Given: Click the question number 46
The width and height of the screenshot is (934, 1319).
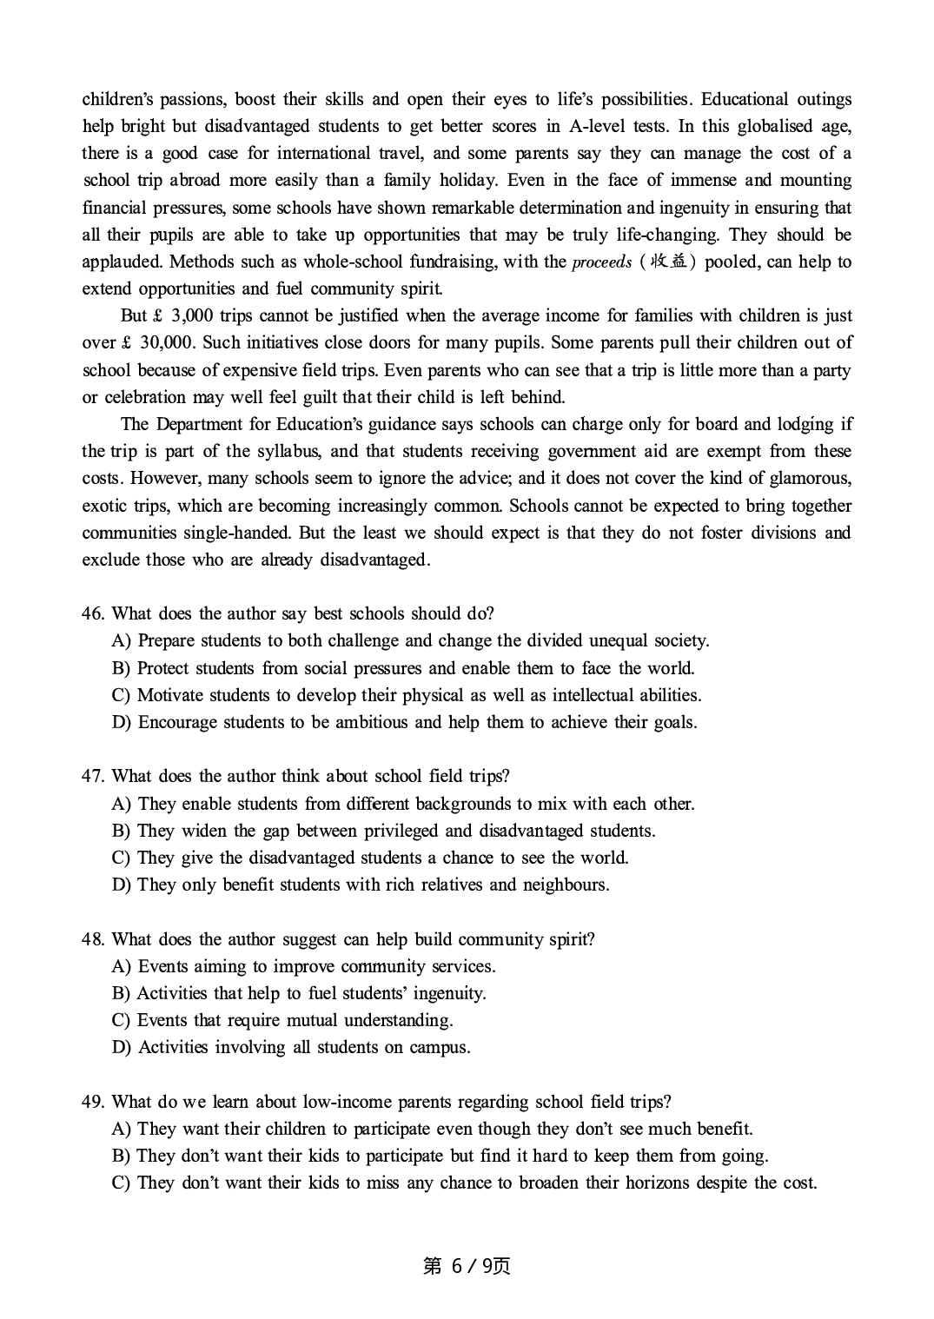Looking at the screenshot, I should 93,613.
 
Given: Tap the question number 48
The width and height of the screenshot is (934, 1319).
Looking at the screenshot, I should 93,939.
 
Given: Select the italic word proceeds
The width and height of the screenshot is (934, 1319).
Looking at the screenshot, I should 601,262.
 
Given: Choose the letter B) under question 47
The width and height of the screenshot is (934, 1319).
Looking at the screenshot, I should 121,831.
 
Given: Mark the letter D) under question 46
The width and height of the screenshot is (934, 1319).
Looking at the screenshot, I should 122,722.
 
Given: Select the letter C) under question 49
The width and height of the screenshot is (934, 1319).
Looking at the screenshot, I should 121,1183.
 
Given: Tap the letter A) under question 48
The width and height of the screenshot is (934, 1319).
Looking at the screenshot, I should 122,966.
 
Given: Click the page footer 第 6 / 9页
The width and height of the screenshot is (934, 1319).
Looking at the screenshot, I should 467,1266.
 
